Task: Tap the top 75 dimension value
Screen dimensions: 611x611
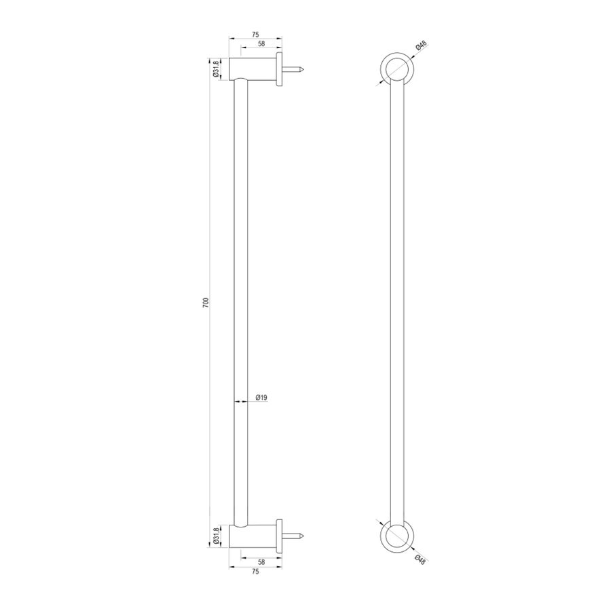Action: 256,34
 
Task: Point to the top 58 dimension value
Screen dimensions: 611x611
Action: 261,43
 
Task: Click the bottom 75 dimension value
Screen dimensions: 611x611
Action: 256,572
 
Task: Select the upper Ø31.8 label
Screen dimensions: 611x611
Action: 216,69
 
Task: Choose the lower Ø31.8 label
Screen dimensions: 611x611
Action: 216,536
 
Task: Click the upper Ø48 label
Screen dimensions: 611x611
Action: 422,46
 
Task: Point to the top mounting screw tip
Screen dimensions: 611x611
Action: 307,69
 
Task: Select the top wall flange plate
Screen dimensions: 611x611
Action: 279,69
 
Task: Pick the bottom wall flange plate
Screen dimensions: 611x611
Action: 279,536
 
